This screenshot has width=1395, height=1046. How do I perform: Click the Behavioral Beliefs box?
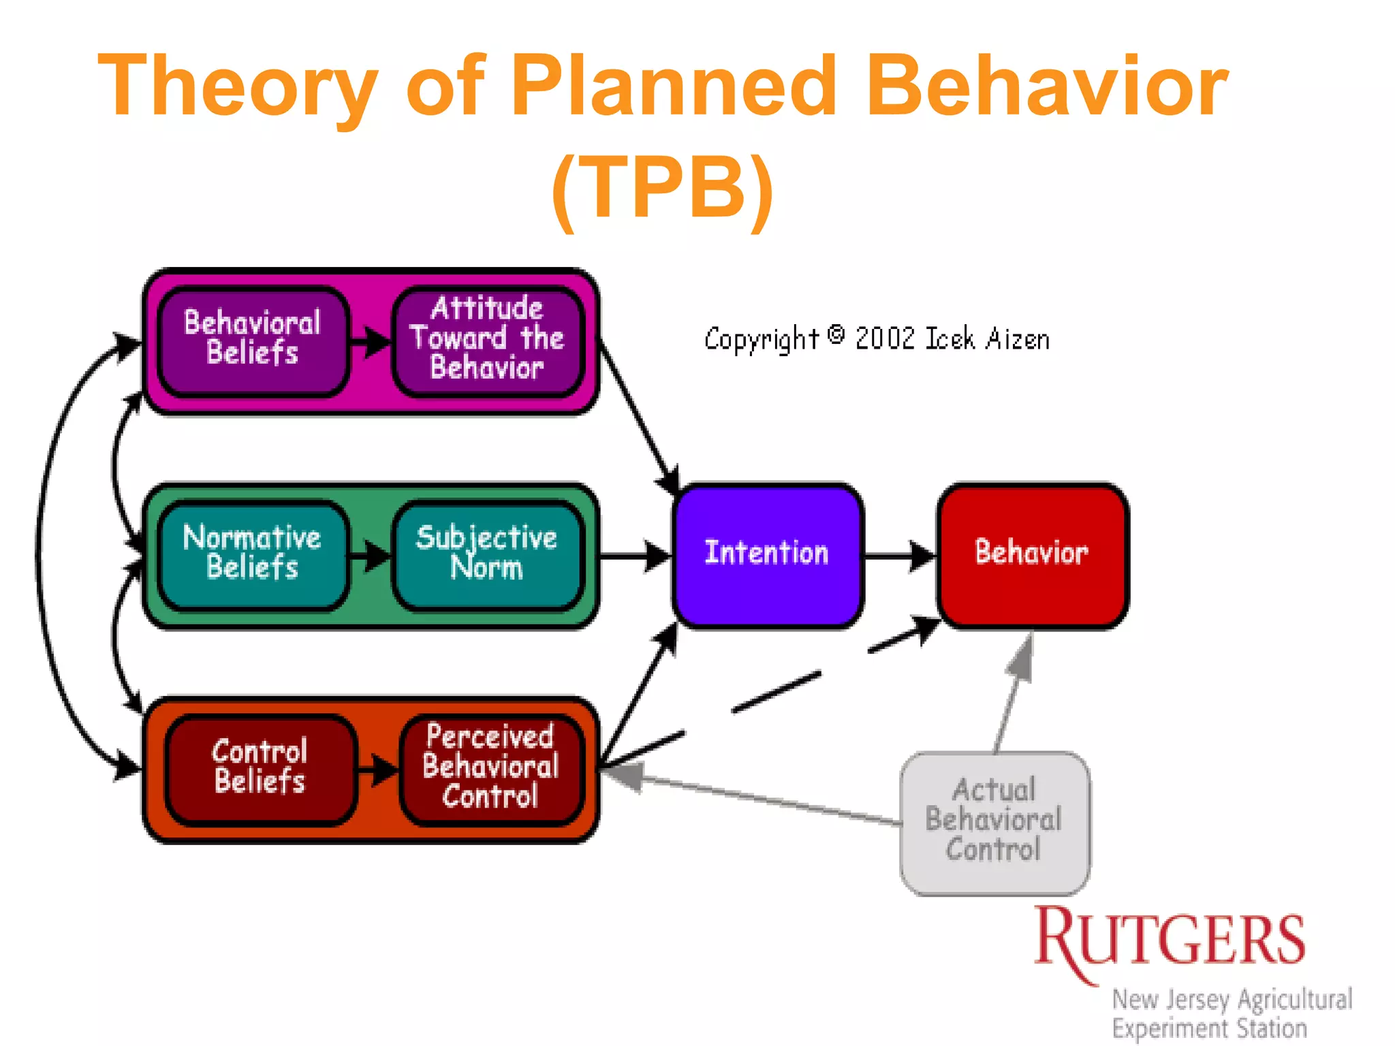coord(253,339)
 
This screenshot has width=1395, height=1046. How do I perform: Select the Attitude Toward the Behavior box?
coord(488,339)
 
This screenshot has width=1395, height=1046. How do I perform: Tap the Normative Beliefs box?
coord(253,553)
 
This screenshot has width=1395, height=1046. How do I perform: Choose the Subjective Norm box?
coord(488,553)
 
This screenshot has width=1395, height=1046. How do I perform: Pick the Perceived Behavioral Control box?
coord(490,768)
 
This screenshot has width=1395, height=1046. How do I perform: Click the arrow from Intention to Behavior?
coord(899,556)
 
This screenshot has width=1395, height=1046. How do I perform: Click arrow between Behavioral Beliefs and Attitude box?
coord(370,340)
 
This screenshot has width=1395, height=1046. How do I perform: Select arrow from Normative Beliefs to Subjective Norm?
coord(370,556)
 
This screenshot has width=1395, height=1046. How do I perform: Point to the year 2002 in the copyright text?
coord(885,339)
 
